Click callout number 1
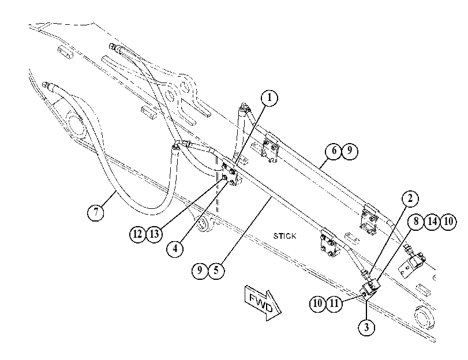coord(269,98)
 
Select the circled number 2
coord(410,198)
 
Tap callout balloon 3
coord(366,327)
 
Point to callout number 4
coord(175,248)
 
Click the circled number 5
coord(216,271)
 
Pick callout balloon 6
coord(334,151)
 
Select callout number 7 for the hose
coord(96,212)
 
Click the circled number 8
coord(415,222)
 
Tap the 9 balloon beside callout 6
coord(350,151)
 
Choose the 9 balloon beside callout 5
coord(200,271)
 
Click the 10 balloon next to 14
coord(448,222)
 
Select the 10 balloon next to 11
coord(317,303)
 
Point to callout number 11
coord(334,303)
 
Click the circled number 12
coord(137,234)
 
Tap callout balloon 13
coord(154,234)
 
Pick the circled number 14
coord(432,222)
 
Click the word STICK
coord(284,236)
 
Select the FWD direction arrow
coord(263,303)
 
